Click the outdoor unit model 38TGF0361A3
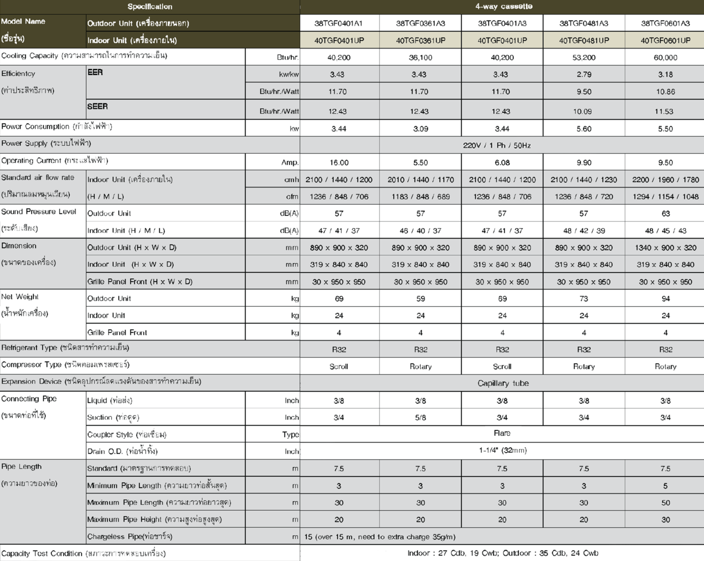420,23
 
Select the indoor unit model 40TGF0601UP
665,40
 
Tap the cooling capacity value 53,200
583,57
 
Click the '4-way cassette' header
503,6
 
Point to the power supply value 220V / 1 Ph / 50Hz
496,145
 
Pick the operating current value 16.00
339,163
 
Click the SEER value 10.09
582,111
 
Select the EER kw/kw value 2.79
583,74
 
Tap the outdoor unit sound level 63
665,214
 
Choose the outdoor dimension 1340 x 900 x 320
665,247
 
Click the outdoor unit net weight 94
665,299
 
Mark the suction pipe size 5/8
420,418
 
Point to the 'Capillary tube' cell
503,383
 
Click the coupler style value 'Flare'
502,433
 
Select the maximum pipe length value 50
665,503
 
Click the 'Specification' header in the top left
150,6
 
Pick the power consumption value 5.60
583,129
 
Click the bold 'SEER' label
98,106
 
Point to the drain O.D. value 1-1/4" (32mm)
503,451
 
